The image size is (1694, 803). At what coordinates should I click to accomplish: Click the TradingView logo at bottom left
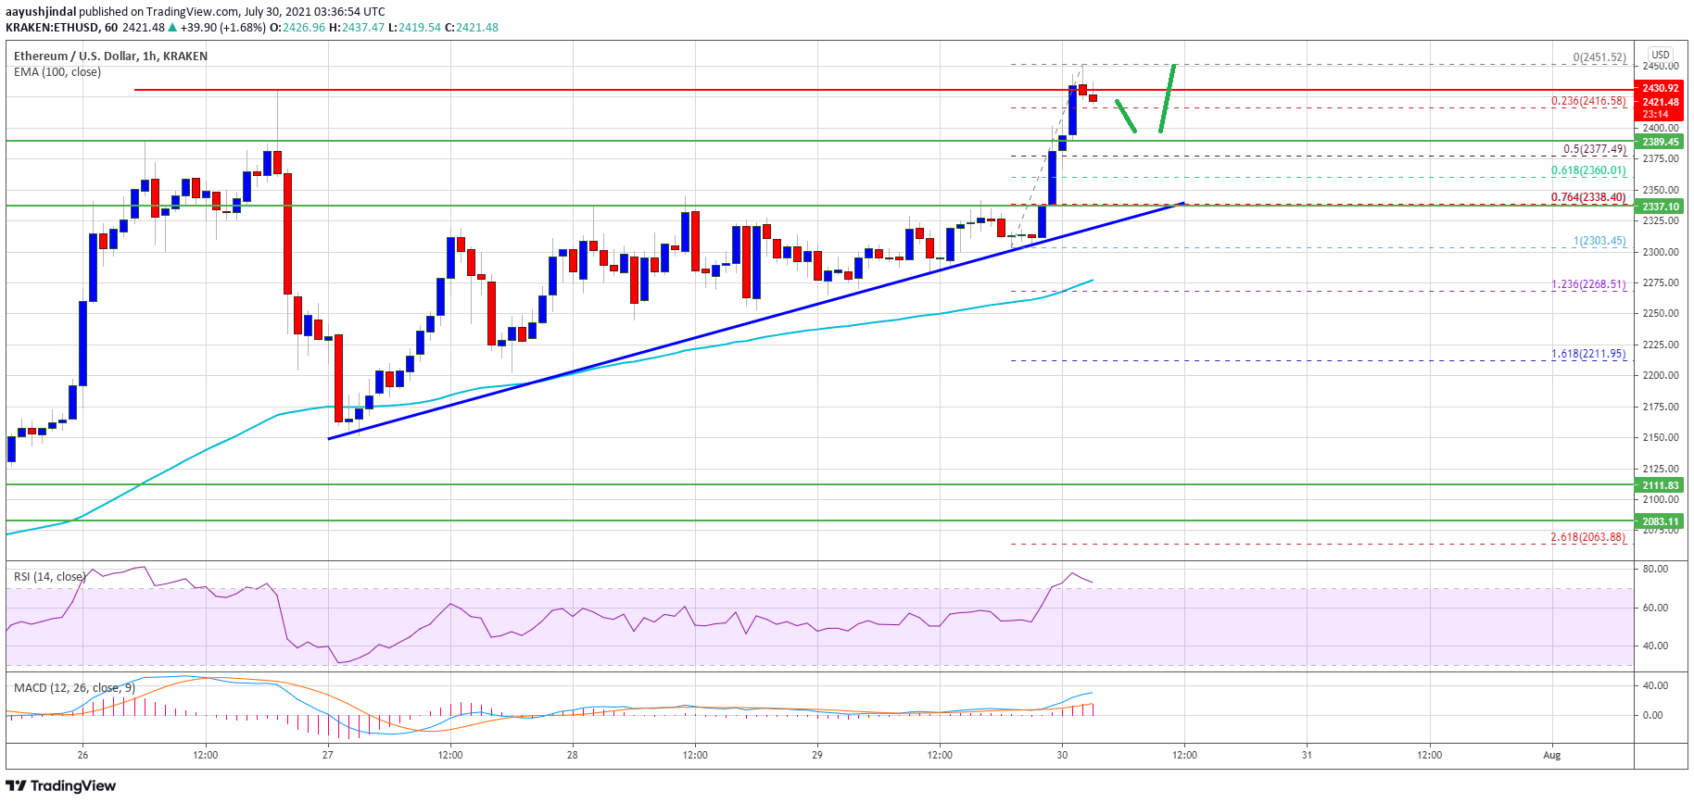(x=61, y=785)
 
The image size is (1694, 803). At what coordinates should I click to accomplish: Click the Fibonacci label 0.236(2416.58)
(x=1588, y=101)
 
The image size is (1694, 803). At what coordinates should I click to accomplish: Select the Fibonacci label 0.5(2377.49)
(x=1594, y=149)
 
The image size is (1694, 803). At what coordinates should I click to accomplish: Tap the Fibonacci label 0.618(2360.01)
(x=1588, y=170)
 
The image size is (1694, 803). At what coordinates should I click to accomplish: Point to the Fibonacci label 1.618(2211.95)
(x=1588, y=354)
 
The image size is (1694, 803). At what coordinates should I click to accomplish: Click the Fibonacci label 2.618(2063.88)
(x=1588, y=537)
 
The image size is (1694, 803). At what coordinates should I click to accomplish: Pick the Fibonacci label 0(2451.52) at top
(x=1599, y=57)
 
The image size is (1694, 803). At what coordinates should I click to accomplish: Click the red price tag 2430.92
(x=1661, y=89)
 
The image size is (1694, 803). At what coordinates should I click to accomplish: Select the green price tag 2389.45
(x=1661, y=142)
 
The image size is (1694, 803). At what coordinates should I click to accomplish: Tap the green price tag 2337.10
(x=1661, y=207)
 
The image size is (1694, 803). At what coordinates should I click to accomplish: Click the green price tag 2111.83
(x=1661, y=485)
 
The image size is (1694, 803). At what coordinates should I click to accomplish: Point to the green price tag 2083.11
(x=1661, y=521)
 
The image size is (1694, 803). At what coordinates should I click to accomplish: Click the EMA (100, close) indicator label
(x=57, y=72)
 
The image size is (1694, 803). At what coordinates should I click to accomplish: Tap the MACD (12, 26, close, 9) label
(x=74, y=688)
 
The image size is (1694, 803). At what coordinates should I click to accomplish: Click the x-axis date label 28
(x=573, y=755)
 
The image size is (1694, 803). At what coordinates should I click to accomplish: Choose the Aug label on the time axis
(x=1551, y=755)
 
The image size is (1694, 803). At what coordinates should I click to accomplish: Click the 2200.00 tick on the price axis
(x=1661, y=375)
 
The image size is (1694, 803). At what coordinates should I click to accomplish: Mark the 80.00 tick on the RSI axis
(x=1655, y=569)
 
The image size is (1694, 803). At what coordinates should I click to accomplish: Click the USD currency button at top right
(x=1661, y=55)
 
